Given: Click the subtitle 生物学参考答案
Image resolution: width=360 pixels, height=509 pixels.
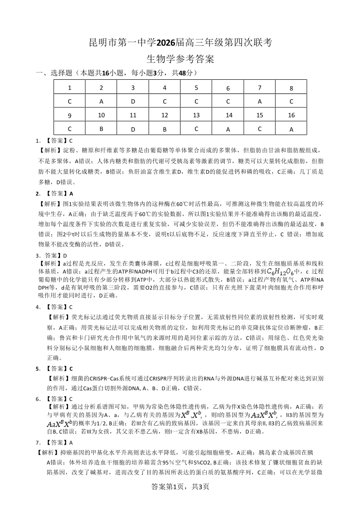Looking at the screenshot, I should pos(180,59).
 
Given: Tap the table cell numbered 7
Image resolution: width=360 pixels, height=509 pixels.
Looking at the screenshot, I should pos(259,87).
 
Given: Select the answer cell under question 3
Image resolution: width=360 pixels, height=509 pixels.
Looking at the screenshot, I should pos(133,102).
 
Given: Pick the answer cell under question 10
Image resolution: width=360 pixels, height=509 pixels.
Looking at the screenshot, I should pos(101,129).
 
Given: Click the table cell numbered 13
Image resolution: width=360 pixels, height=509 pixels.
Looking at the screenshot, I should pos(196,116).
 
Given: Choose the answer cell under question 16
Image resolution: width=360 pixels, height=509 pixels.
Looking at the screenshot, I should pos(291,129).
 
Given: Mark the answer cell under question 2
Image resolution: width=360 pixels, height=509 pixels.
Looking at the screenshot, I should pos(101,102).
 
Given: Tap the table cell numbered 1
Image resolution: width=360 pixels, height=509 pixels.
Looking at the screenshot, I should pos(69,88).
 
